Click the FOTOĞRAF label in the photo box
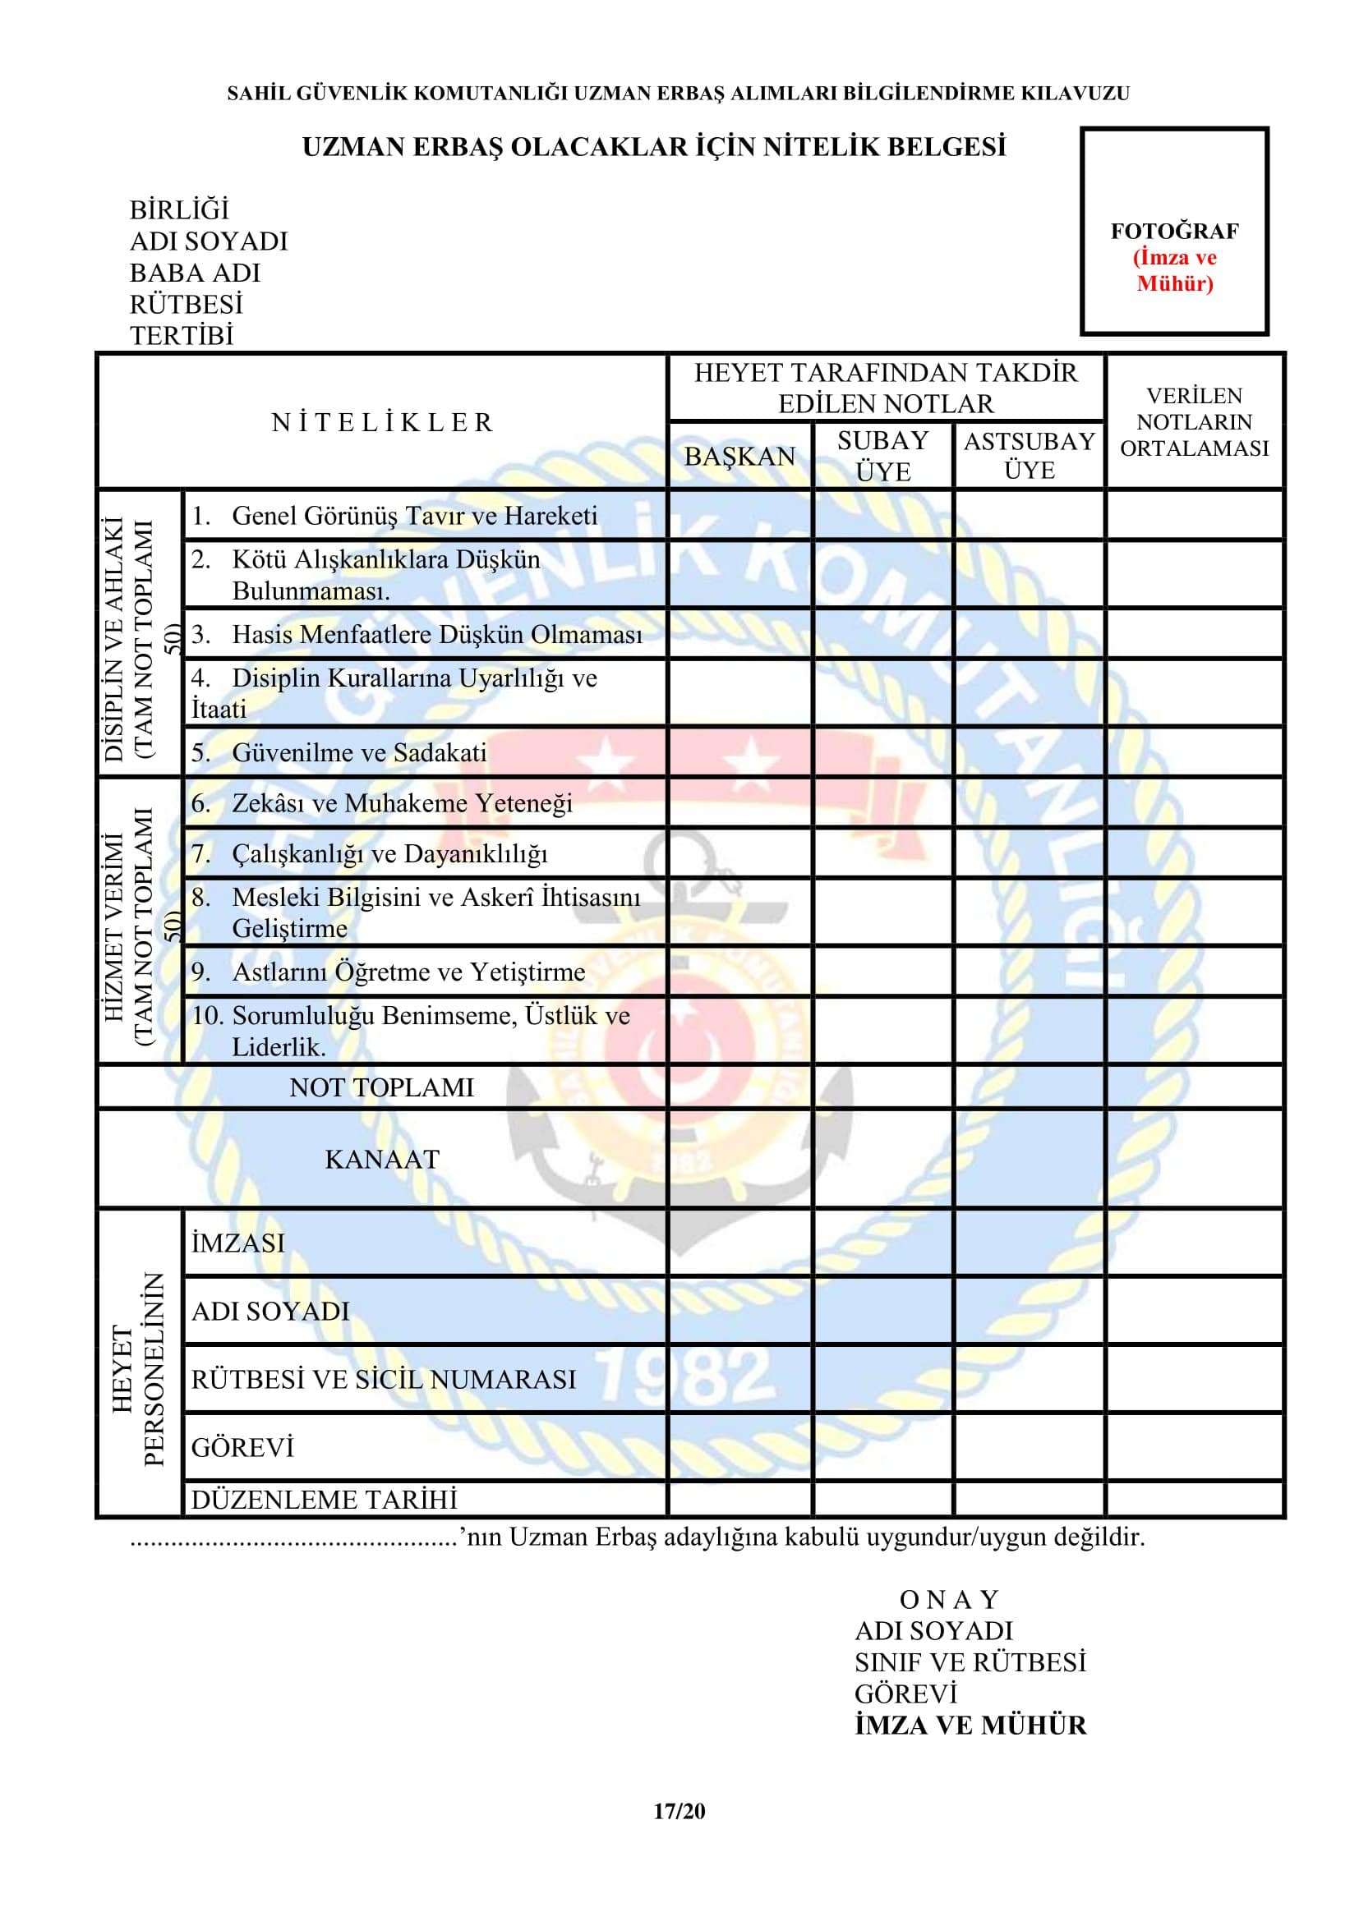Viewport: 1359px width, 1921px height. pyautogui.click(x=1174, y=231)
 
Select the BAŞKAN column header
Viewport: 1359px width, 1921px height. pyautogui.click(x=739, y=457)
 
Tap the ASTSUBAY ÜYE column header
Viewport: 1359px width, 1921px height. pyautogui.click(x=1030, y=455)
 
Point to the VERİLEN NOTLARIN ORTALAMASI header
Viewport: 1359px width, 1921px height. pyautogui.click(x=1194, y=421)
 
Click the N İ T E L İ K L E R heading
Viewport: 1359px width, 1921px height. pyautogui.click(x=382, y=422)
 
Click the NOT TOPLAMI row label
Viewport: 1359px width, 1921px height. pyautogui.click(x=381, y=1087)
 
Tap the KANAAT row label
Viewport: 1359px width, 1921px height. pyautogui.click(x=381, y=1159)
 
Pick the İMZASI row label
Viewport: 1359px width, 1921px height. pyautogui.click(x=238, y=1243)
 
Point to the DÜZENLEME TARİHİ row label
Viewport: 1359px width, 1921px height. pyautogui.click(x=325, y=1499)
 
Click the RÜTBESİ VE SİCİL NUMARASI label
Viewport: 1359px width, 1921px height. pyautogui.click(x=383, y=1379)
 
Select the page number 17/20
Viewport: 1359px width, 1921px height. pyautogui.click(x=679, y=1812)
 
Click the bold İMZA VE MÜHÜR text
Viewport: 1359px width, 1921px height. pyautogui.click(x=970, y=1726)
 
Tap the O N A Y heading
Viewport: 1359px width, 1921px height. pyautogui.click(x=949, y=1600)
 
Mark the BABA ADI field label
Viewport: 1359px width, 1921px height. pyautogui.click(x=195, y=273)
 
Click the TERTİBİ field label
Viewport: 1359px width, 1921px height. pyautogui.click(x=182, y=336)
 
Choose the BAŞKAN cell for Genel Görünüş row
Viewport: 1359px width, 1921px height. pyautogui.click(x=739, y=515)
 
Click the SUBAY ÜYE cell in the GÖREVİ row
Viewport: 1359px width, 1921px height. pyautogui.click(x=882, y=1446)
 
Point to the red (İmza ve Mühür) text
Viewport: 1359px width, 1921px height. pyautogui.click(x=1174, y=270)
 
